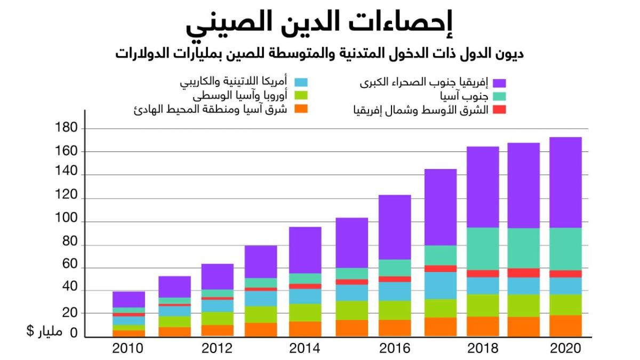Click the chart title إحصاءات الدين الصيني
[319, 24]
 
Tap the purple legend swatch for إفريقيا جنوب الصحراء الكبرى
[499, 83]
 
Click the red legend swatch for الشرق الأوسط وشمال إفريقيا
[499, 110]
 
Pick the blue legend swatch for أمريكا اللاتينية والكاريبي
[301, 83]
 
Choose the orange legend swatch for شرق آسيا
[301, 110]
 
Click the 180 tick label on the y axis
[67, 129]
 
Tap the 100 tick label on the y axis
[67, 221]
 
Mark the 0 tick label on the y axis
[74, 333]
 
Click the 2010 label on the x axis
[128, 349]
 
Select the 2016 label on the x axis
[395, 349]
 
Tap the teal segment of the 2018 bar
[483, 249]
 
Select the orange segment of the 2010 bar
[129, 333]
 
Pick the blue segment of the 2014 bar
[305, 296]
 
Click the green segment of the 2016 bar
[395, 310]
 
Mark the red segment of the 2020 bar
[565, 274]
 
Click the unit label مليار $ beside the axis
[45, 332]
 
